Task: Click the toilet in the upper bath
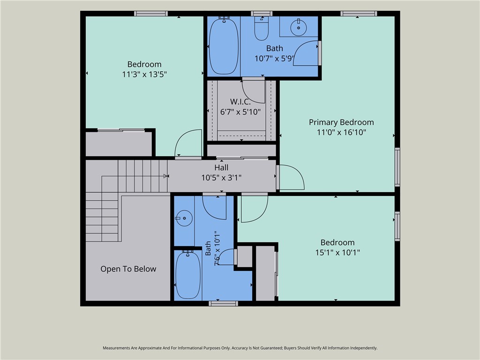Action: (262, 28)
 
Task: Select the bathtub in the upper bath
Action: (224, 45)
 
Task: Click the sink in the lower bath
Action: (184, 218)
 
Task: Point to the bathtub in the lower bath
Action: (188, 274)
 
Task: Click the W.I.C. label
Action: (240, 102)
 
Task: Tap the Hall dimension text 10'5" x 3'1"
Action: (221, 178)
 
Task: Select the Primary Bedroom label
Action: (341, 122)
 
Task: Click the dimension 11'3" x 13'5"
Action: (144, 75)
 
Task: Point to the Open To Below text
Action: (128, 269)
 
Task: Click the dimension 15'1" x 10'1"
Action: (337, 253)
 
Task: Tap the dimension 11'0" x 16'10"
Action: (341, 132)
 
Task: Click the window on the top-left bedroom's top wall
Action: (151, 14)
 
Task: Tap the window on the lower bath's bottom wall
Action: (224, 303)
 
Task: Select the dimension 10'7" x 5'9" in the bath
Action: (275, 59)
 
